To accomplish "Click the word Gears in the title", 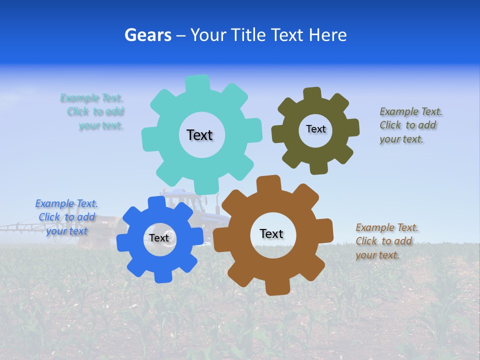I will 147,35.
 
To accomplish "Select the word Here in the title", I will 327,35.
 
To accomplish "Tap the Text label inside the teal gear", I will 199,135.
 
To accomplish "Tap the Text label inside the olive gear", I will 315,129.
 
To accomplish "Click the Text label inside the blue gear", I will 158,238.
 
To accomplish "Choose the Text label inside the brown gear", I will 271,233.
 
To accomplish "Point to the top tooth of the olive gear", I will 312,94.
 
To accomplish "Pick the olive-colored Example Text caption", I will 410,125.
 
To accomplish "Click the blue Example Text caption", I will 66,217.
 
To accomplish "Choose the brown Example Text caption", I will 386,241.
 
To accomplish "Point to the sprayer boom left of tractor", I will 20,227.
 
